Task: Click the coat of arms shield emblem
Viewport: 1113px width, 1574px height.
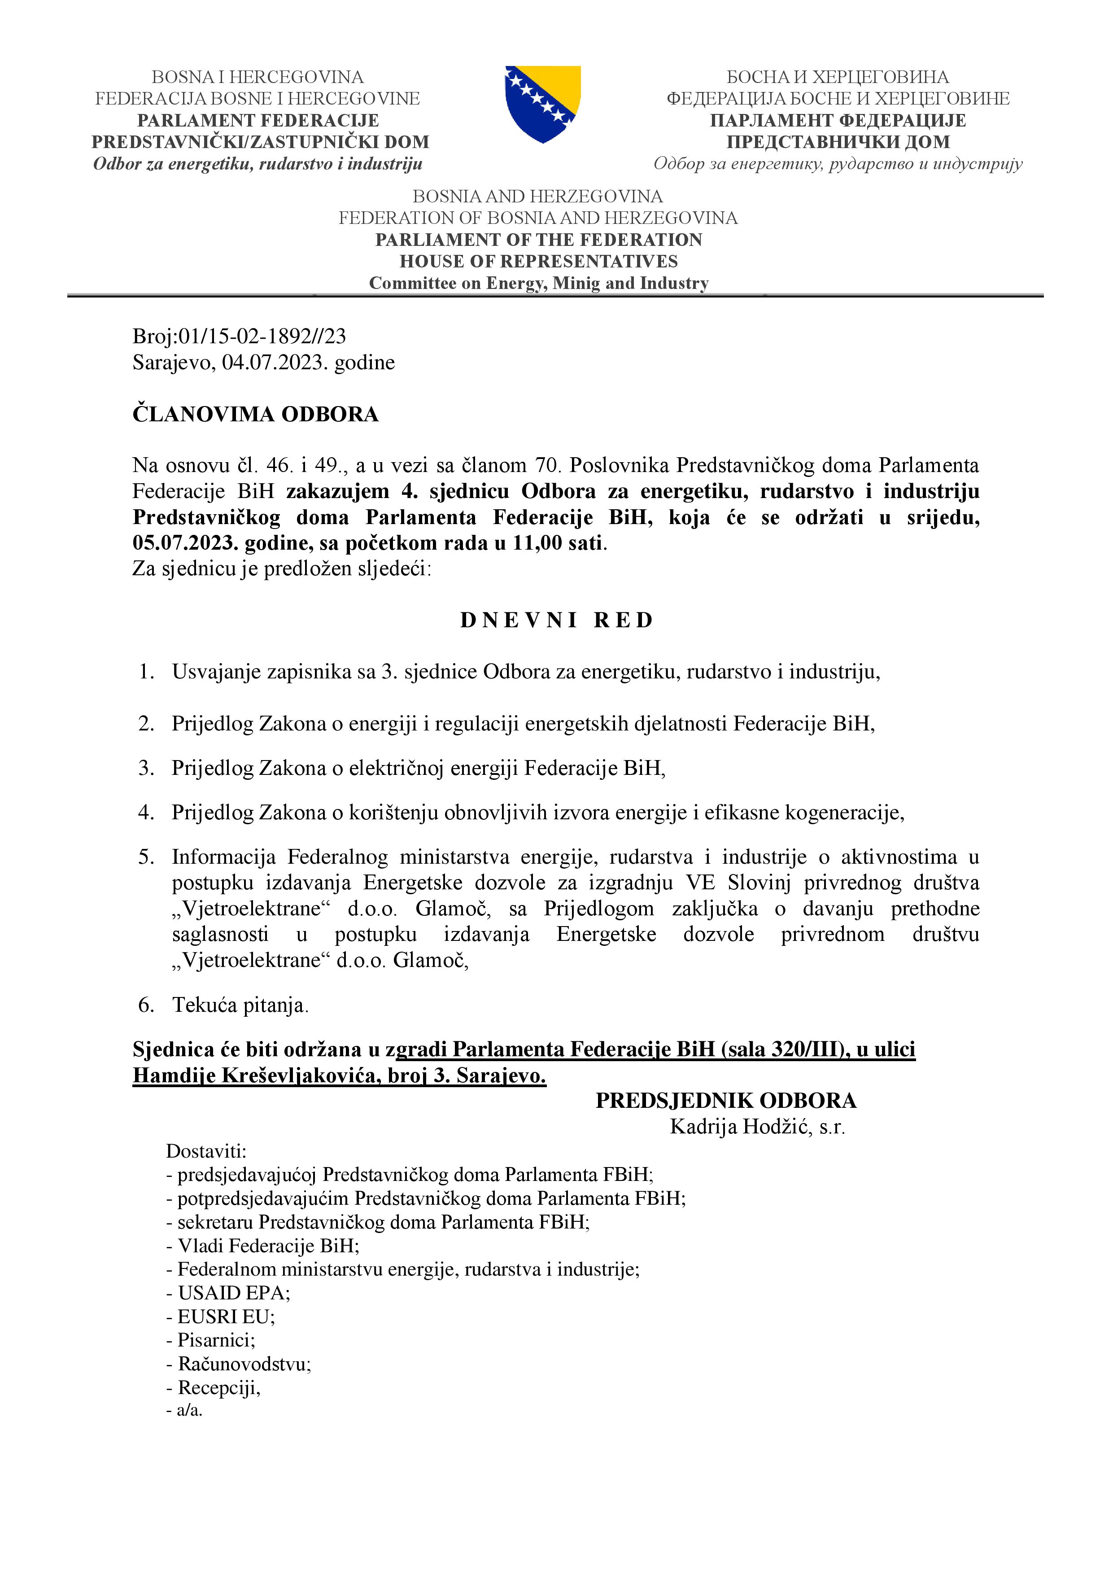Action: pos(543,104)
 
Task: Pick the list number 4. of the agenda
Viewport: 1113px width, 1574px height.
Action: pos(146,813)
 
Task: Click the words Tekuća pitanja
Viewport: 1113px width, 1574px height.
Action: pos(240,1005)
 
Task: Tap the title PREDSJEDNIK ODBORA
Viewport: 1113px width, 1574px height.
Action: pos(725,1100)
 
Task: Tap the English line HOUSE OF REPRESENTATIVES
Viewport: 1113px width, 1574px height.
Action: pos(539,261)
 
